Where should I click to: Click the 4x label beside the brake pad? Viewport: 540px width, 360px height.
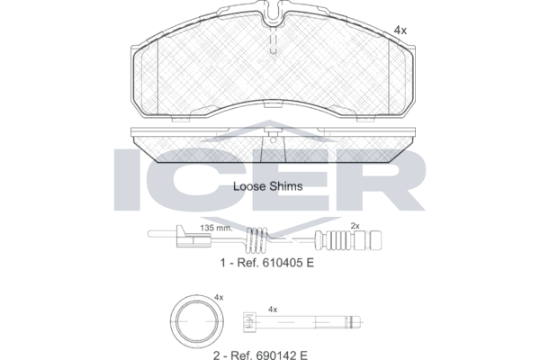click(x=400, y=31)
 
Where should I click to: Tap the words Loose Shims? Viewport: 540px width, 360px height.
click(x=268, y=186)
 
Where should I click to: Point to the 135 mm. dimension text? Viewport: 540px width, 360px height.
click(x=216, y=228)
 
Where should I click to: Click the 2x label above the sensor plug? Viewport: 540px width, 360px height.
click(x=355, y=226)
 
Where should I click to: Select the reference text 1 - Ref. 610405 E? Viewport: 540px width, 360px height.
click(x=267, y=263)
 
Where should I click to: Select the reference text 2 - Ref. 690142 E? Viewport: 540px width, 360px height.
click(x=260, y=355)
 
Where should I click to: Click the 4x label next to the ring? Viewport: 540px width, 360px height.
click(x=219, y=297)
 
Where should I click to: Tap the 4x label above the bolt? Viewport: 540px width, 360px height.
click(x=273, y=310)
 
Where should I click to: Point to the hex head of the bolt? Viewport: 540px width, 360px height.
click(x=249, y=322)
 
